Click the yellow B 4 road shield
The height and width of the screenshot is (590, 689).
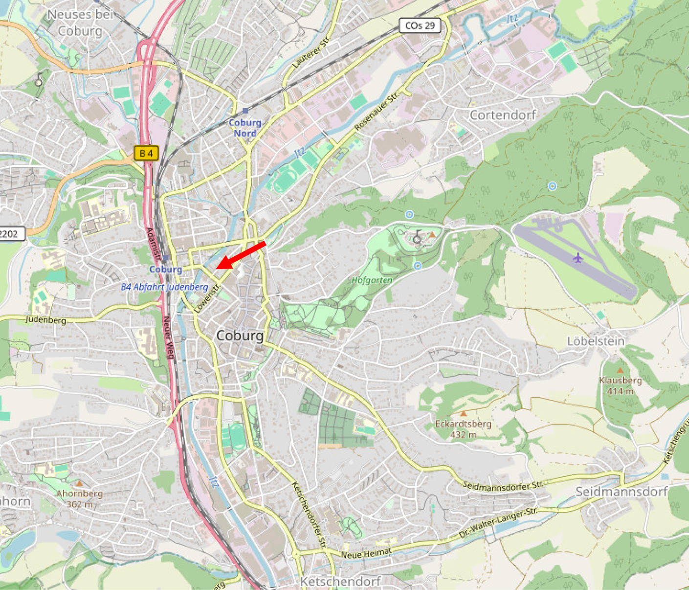tap(146, 153)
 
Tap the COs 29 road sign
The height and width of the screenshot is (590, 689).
tap(420, 25)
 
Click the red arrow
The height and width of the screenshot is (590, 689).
tap(241, 255)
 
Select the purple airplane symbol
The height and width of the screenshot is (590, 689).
tap(578, 257)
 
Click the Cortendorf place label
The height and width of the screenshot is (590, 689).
tap(503, 115)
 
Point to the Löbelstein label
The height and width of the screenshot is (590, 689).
tap(596, 341)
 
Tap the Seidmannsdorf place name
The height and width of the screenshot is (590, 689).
tap(621, 491)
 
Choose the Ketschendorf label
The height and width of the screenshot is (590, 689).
tap(340, 581)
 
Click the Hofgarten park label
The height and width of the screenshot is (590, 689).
tap(372, 280)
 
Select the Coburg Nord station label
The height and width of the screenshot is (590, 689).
tap(245, 128)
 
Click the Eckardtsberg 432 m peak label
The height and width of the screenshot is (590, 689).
tap(463, 429)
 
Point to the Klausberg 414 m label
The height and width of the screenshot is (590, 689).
tap(620, 386)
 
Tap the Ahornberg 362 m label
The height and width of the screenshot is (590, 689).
tap(79, 498)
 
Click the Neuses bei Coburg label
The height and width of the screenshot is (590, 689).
tap(80, 23)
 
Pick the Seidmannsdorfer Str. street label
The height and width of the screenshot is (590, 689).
tap(503, 485)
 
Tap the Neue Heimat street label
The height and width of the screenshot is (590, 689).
tap(366, 553)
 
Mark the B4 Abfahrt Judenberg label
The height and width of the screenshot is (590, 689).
tap(164, 287)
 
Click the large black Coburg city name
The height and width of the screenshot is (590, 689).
tap(240, 336)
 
